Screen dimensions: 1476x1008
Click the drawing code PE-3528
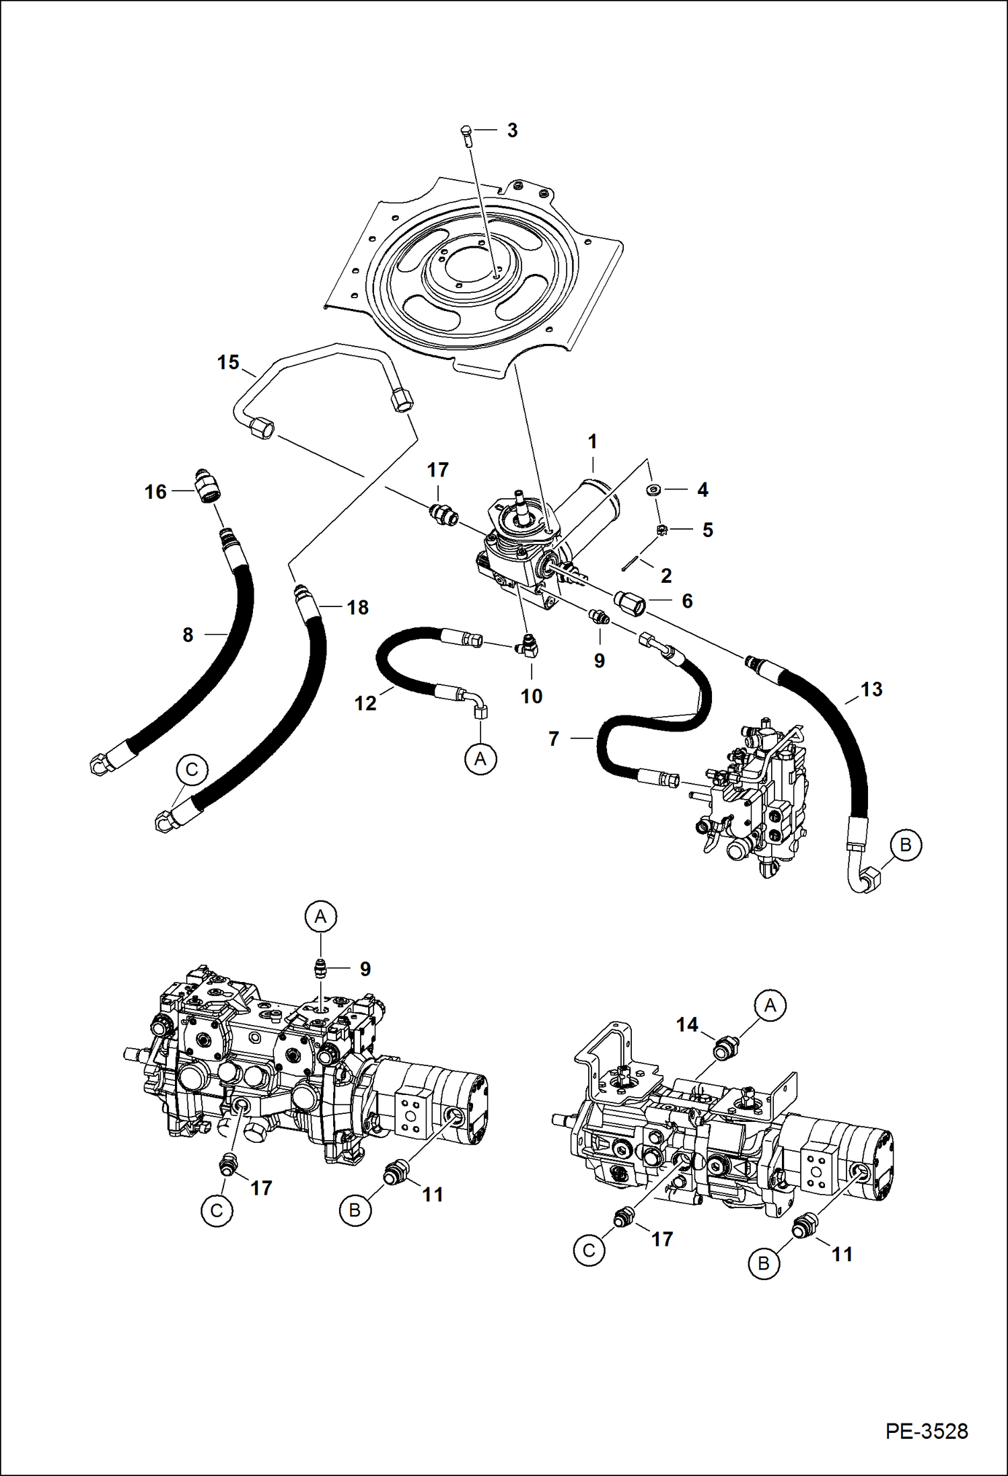(x=927, y=1430)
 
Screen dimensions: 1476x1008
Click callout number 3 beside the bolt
(x=512, y=131)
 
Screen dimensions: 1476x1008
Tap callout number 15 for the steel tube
(x=228, y=363)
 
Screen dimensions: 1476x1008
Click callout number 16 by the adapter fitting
(x=155, y=492)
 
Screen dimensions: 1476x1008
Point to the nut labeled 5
(x=662, y=530)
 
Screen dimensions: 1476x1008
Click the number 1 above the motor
(x=592, y=442)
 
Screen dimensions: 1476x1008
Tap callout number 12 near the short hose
(x=365, y=703)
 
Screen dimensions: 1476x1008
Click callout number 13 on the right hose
(x=871, y=689)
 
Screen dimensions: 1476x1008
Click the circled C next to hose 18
(x=192, y=769)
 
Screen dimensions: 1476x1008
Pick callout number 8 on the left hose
(x=188, y=635)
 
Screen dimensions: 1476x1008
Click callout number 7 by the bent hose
(x=554, y=739)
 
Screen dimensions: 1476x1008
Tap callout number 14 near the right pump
(x=687, y=1025)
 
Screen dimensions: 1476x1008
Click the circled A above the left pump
(x=320, y=916)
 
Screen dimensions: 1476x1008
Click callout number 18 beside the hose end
(x=357, y=608)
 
